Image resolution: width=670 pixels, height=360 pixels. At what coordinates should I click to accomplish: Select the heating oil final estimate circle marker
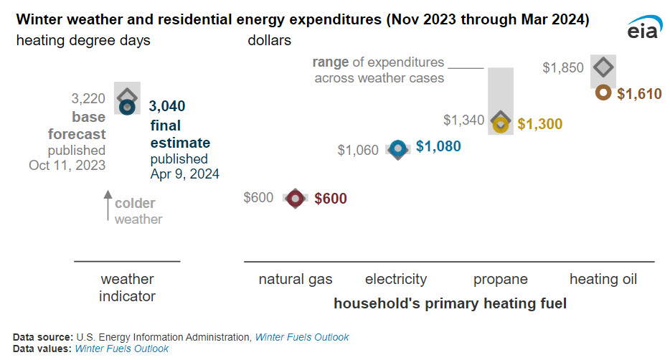603,93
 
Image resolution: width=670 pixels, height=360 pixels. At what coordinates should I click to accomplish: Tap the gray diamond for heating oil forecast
603,67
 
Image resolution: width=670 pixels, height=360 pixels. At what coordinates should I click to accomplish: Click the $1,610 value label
639,93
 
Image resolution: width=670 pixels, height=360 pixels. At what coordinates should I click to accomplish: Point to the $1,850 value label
563,68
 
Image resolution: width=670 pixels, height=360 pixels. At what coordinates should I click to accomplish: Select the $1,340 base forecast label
463,120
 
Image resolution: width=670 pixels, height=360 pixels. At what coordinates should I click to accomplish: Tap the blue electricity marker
398,148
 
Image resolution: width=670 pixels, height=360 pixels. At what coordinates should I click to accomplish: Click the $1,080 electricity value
438,146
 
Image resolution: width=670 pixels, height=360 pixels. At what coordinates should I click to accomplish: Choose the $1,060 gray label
358,150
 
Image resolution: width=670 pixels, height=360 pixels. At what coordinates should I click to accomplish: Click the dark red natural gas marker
295,199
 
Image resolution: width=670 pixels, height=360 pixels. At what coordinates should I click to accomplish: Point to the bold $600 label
331,199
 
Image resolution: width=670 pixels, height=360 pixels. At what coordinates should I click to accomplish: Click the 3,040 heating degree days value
167,106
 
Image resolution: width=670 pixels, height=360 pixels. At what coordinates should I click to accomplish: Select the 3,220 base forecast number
88,98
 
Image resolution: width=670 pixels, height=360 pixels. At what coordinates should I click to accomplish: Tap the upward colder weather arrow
108,206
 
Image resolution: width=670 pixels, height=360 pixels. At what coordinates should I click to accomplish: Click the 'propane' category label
500,279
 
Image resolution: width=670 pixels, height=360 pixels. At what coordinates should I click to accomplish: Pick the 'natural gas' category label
296,279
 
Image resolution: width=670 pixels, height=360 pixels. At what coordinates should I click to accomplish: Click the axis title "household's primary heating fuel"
450,303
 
